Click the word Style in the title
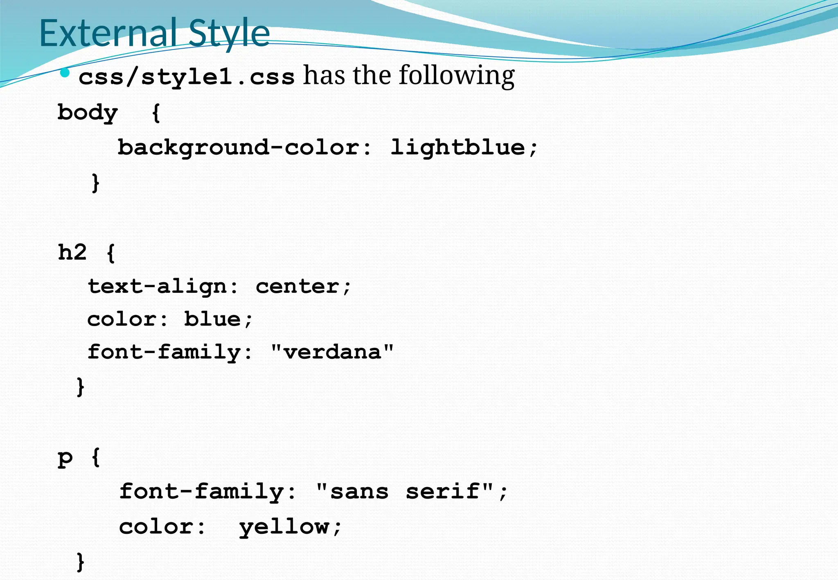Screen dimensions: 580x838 229,34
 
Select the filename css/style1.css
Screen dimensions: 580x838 186,76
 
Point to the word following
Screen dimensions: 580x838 457,76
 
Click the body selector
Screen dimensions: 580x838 88,113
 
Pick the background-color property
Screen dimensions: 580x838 244,147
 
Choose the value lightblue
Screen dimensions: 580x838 457,147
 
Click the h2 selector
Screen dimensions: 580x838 72,252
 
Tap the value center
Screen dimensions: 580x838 298,286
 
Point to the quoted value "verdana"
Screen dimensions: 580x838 332,352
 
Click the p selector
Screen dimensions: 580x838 65,457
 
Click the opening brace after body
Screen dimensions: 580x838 155,113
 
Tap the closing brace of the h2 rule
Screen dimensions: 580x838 81,387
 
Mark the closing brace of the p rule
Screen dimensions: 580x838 81,562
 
